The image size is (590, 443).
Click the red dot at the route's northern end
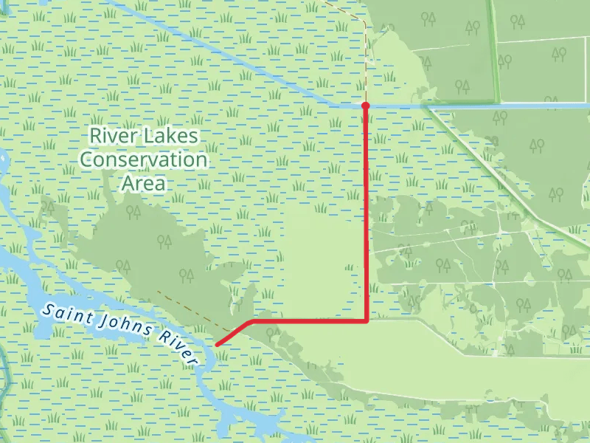(365, 106)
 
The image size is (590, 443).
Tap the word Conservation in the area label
(144, 159)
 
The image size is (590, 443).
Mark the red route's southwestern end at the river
(216, 344)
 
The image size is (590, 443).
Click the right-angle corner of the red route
(367, 321)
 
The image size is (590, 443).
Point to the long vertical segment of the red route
(367, 214)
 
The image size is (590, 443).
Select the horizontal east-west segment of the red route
(310, 321)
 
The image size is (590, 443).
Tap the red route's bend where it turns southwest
(252, 322)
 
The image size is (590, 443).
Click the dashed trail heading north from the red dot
(366, 59)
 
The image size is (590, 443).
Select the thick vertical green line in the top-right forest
(493, 44)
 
